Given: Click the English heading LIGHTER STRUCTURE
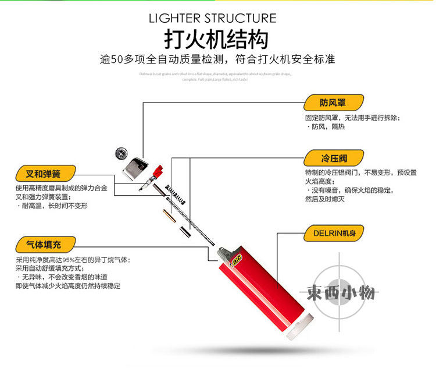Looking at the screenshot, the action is coord(213,18).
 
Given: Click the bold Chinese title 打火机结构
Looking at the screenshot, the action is coord(216,40).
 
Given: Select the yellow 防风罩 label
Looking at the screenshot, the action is coord(333,103).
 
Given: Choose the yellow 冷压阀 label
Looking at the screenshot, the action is coord(333,158).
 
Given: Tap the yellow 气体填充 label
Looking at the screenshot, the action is coord(45,244).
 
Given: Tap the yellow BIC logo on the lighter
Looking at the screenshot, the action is coord(237,262).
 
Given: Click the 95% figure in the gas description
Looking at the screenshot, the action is coord(69,260).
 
